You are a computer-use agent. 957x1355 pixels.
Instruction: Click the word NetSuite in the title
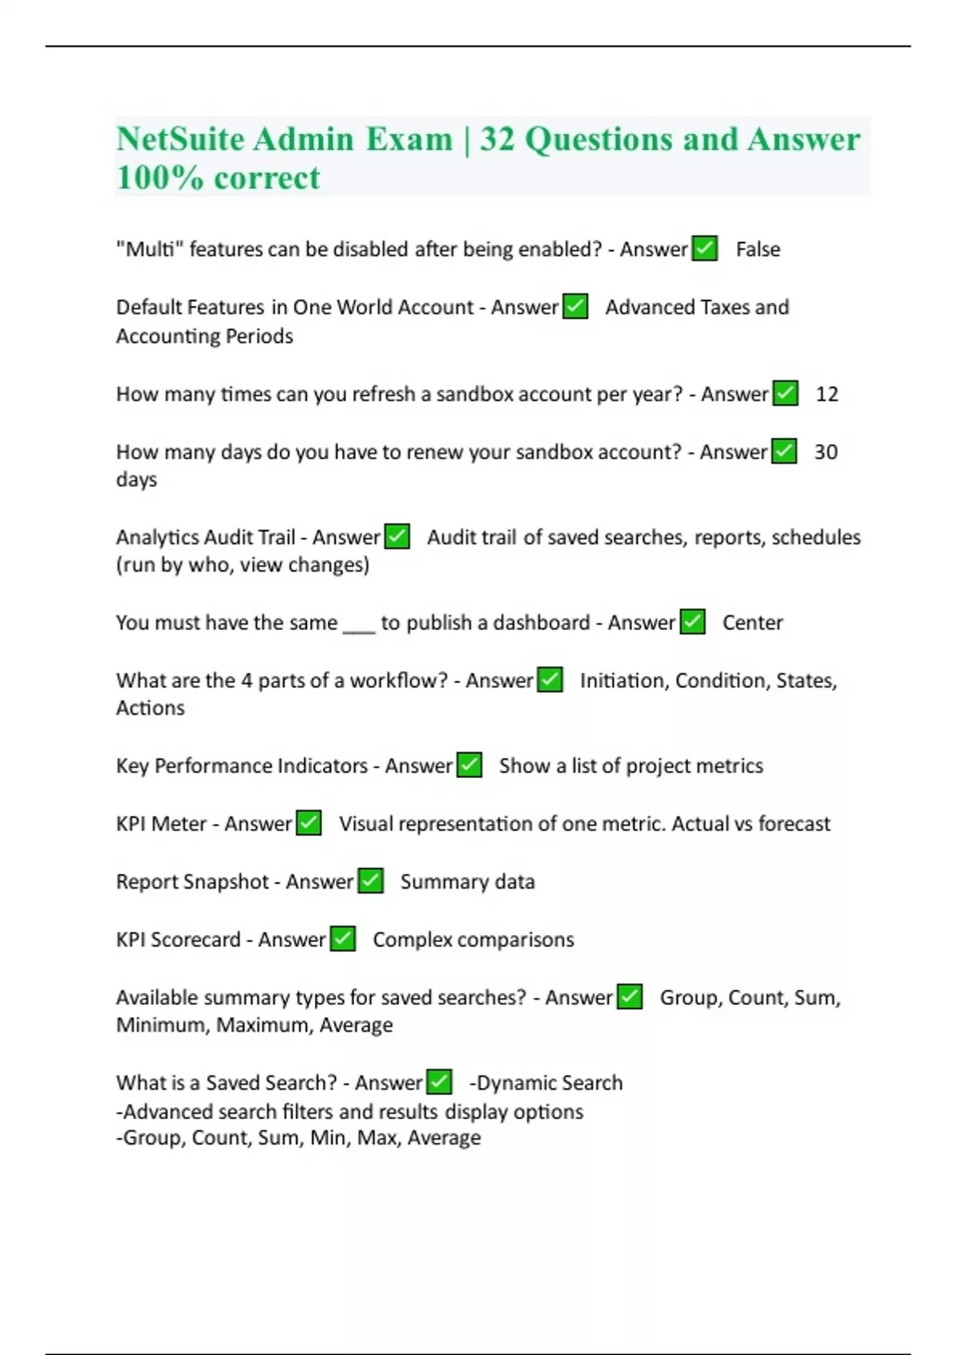coord(180,139)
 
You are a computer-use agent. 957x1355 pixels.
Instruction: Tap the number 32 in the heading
coord(497,139)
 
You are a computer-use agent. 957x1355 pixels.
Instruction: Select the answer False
coord(758,249)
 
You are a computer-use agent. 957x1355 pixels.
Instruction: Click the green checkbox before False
coord(704,249)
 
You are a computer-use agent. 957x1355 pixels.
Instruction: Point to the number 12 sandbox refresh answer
coord(827,394)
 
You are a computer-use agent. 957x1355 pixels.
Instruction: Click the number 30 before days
coord(825,452)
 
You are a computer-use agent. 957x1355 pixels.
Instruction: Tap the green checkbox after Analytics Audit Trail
coord(396,537)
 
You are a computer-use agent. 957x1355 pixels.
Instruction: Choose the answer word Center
coord(752,623)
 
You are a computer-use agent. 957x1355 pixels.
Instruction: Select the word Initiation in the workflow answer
coord(622,681)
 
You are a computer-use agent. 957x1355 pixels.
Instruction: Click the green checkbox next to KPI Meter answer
coord(309,823)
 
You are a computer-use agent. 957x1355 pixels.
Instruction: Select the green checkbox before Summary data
coord(370,882)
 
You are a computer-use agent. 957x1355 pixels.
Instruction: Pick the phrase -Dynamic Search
coord(546,1082)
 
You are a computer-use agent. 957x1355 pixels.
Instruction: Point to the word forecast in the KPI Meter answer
coord(794,823)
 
